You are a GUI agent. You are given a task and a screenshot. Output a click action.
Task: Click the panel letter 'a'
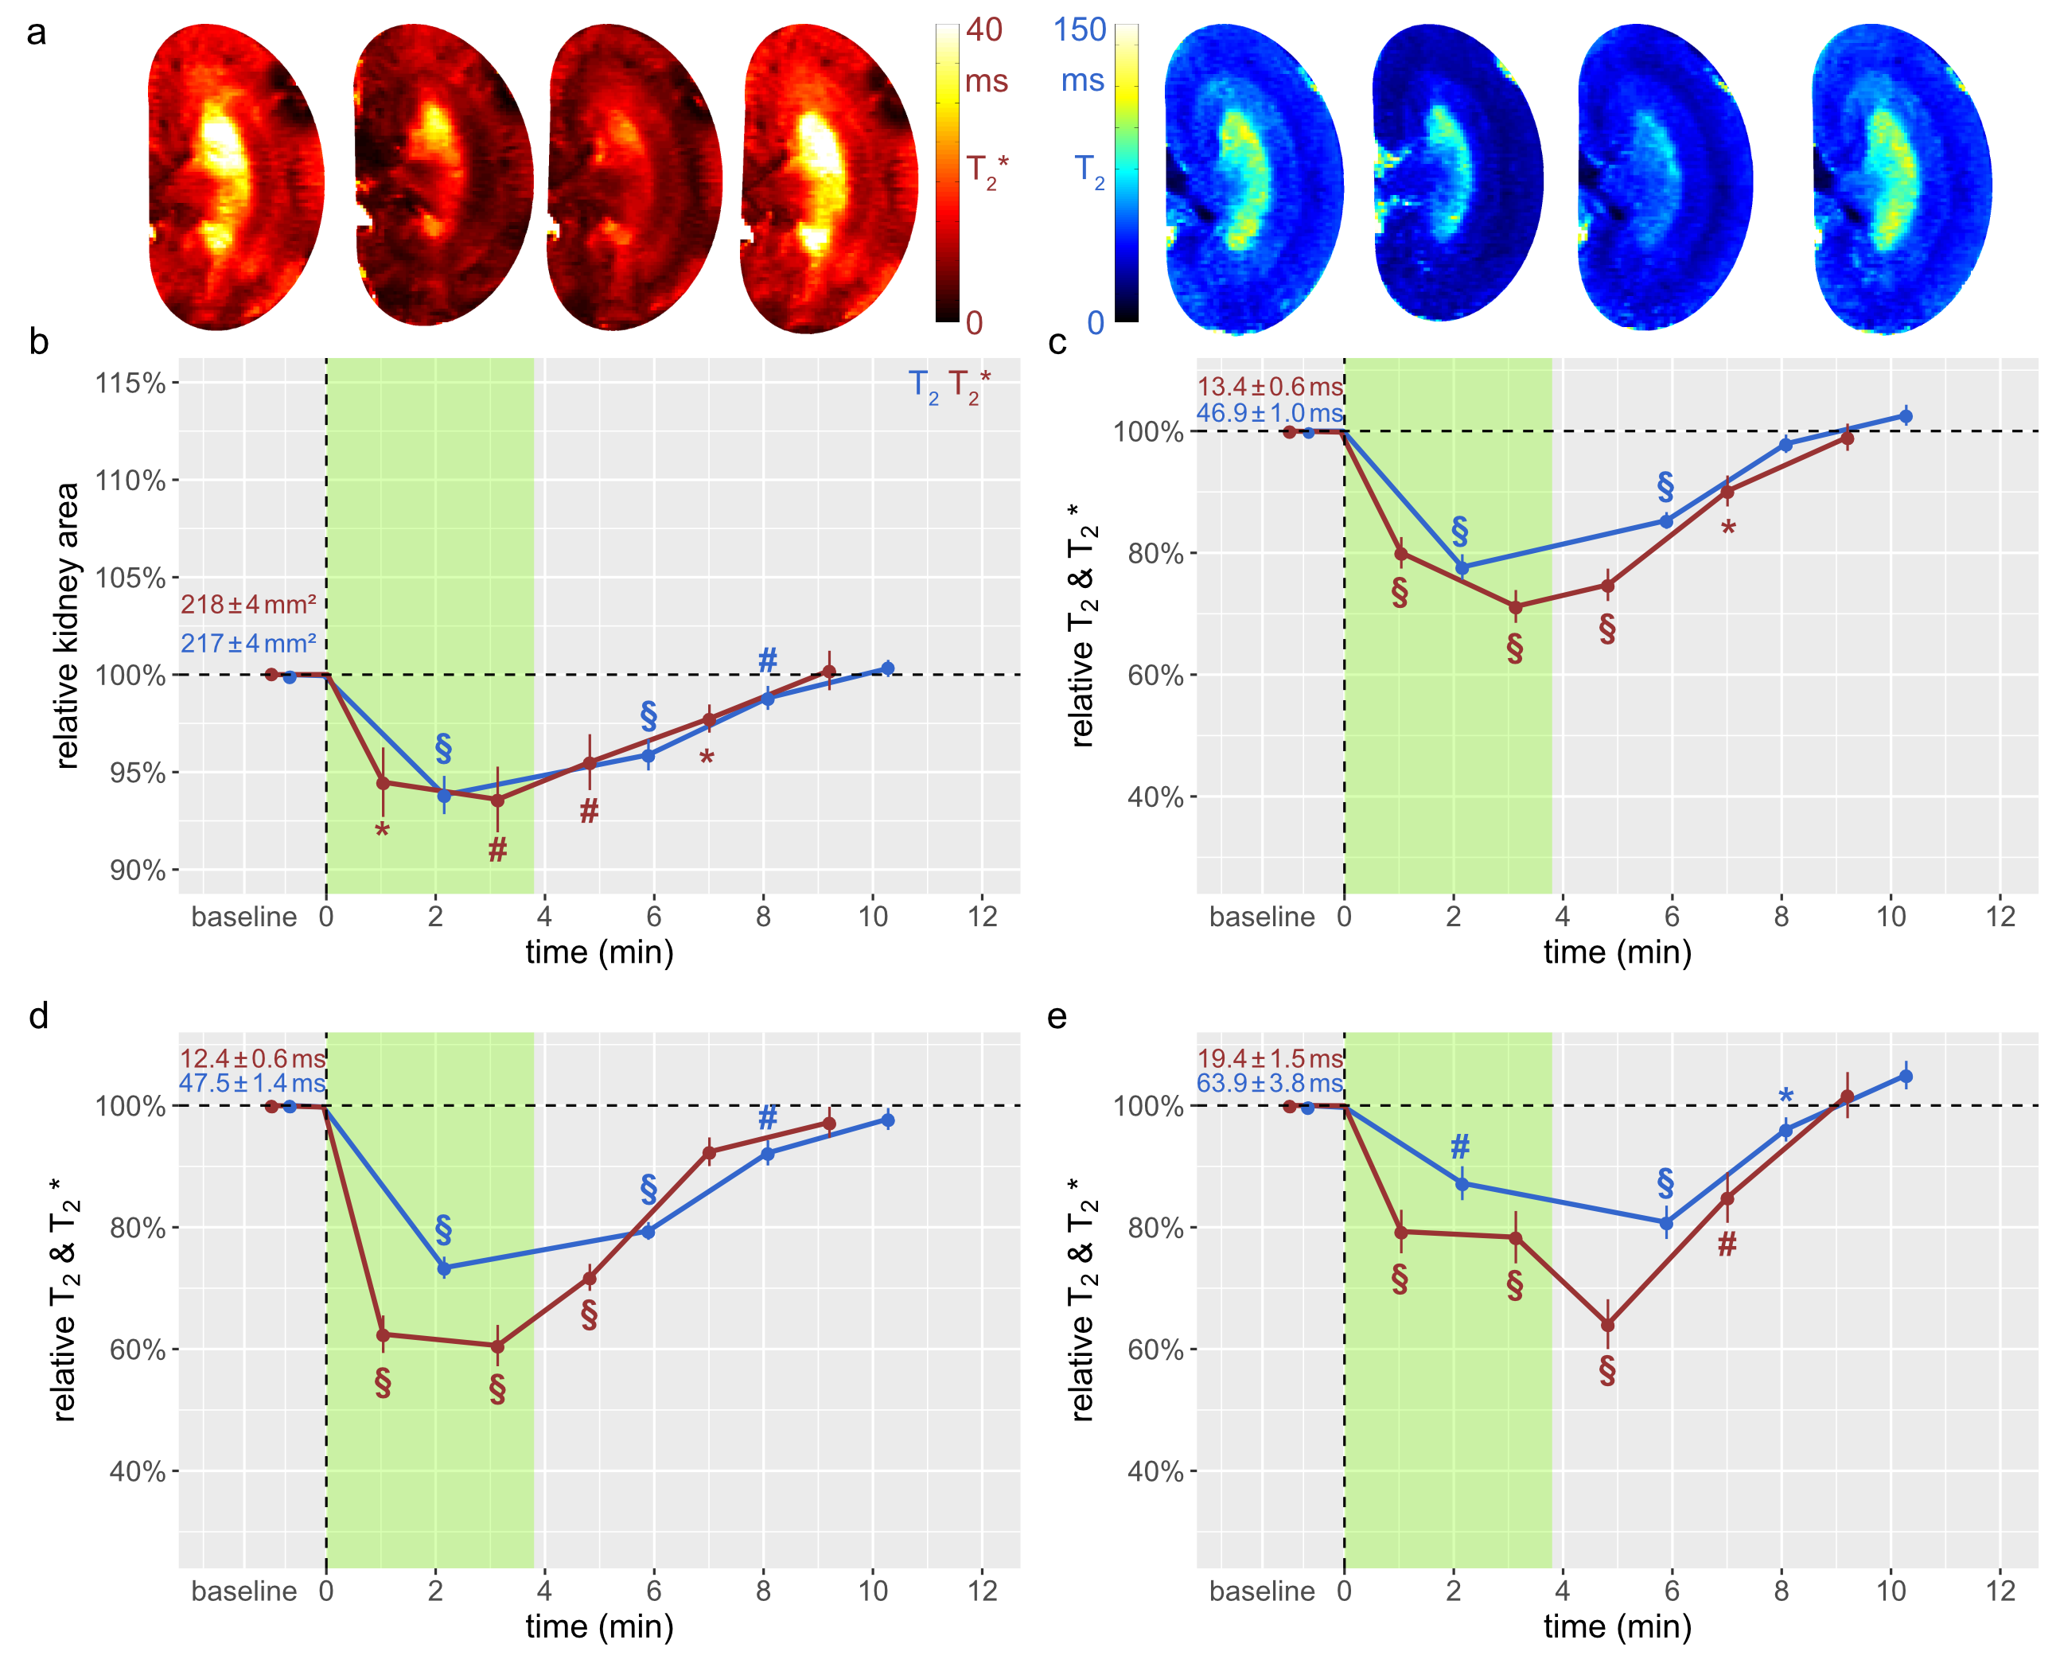click(x=37, y=33)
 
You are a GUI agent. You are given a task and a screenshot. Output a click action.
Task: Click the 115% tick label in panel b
click(x=130, y=383)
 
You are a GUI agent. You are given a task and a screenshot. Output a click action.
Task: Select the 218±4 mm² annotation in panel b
click(x=248, y=605)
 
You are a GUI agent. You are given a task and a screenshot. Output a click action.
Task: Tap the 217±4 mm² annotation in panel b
click(x=248, y=643)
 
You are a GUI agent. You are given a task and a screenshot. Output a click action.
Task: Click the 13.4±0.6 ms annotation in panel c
click(x=1269, y=387)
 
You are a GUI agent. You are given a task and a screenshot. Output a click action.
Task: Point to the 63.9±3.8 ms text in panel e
click(x=1269, y=1083)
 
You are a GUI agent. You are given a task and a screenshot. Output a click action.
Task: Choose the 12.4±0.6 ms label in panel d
click(x=252, y=1059)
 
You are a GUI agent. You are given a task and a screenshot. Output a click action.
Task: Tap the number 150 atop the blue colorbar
click(x=1079, y=31)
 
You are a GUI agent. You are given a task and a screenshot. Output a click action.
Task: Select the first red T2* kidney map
click(x=236, y=178)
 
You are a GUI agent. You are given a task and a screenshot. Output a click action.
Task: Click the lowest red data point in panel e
click(x=1606, y=1326)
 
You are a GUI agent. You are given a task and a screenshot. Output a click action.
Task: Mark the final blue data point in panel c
click(x=1904, y=416)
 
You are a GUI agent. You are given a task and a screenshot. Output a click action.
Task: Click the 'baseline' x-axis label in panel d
click(x=243, y=1591)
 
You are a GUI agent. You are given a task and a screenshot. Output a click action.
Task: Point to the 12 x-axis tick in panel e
click(x=2000, y=1591)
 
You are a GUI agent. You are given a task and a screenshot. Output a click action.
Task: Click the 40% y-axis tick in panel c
click(x=1155, y=797)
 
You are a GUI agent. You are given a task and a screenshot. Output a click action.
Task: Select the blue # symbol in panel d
click(x=767, y=1117)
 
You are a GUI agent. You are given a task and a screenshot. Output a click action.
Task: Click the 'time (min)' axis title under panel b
click(x=599, y=952)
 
